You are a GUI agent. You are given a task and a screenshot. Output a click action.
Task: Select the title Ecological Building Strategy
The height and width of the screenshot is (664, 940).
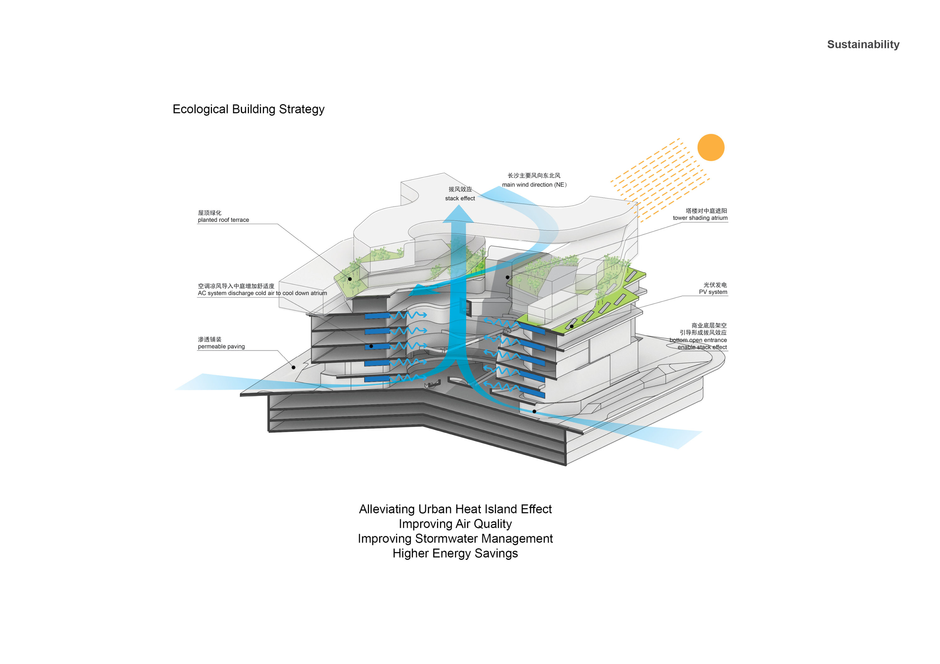pos(248,109)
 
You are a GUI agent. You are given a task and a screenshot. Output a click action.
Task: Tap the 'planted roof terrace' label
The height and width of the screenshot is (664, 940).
pos(223,220)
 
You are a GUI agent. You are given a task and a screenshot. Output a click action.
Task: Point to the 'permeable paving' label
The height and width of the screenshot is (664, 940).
pos(222,347)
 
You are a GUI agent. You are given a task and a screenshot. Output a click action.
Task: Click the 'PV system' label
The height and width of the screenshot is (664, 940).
pos(713,292)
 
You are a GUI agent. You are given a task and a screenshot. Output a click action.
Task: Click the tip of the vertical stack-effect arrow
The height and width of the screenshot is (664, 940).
pos(458,205)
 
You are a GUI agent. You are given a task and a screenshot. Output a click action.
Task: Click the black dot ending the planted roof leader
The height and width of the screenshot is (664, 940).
pos(350,279)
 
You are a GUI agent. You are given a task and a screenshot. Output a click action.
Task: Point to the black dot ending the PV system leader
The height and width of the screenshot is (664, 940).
pos(572,327)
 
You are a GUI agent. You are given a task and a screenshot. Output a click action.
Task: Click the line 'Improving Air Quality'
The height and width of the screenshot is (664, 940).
pos(455,524)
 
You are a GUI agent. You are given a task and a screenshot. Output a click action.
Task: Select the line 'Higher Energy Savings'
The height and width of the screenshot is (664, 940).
pos(455,553)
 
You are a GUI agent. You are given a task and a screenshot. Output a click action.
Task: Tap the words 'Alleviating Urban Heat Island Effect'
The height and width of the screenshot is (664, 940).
pos(455,509)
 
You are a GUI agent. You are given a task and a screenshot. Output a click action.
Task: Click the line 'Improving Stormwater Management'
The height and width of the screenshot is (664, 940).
pos(455,539)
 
